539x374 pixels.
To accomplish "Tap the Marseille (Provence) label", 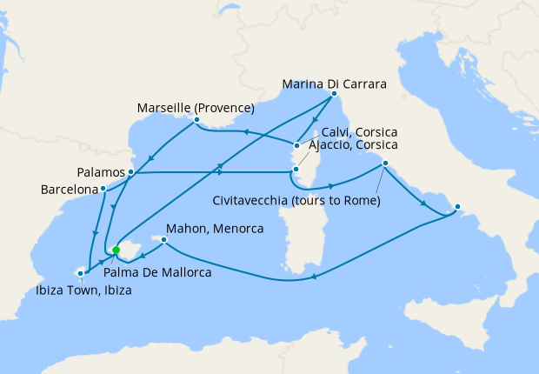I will click(x=196, y=109).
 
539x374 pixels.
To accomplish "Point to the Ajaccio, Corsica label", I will click(x=351, y=144).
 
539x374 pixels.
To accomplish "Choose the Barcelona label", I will click(x=70, y=189).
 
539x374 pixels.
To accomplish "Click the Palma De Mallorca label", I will click(x=156, y=271).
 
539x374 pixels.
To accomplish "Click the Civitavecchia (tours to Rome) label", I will click(x=296, y=202).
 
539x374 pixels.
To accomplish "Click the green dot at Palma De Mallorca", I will click(x=116, y=250).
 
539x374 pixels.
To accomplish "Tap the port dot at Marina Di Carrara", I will click(x=334, y=93).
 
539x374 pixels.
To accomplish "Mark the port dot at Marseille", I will click(x=197, y=119).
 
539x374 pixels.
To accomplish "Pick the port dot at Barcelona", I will click(x=103, y=188).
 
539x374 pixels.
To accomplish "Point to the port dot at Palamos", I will click(x=130, y=172).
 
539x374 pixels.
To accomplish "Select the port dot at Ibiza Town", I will click(x=80, y=273).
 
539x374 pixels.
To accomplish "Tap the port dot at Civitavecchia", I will click(x=383, y=164).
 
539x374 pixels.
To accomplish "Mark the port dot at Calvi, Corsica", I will click(x=296, y=145).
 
